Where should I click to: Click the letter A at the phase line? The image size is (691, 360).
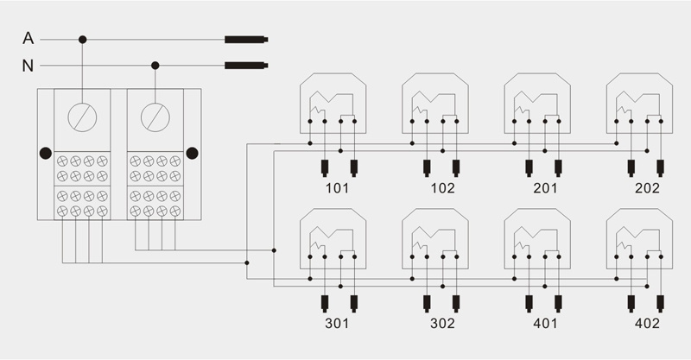(29, 38)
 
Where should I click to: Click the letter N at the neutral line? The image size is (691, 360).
(28, 66)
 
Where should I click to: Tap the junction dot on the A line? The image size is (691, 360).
(82, 40)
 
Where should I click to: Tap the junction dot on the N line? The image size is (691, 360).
(155, 66)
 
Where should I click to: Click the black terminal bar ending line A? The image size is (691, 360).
(246, 40)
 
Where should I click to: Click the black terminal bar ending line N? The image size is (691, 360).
(246, 66)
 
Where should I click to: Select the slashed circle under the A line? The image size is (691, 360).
(82, 117)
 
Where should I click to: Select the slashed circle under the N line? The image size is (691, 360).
(155, 117)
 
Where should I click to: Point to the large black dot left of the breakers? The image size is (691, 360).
(46, 154)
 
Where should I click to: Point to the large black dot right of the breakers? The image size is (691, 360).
(192, 154)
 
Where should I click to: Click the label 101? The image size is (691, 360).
(337, 188)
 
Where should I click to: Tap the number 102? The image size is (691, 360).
(442, 188)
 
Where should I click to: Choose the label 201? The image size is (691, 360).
(545, 188)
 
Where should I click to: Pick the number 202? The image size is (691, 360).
(647, 188)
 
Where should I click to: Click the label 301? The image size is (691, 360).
(337, 324)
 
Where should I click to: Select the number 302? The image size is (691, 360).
(442, 324)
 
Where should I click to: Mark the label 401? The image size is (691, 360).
(545, 324)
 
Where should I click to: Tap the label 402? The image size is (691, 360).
(647, 324)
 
